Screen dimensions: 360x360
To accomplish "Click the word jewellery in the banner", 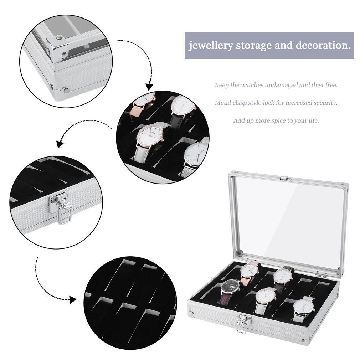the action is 210,46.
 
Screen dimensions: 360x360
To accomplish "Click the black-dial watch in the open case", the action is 230,290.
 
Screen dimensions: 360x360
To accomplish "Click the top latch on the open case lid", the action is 284,178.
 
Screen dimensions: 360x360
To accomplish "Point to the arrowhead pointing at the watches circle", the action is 149,87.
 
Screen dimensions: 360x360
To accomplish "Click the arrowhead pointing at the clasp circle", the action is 61,143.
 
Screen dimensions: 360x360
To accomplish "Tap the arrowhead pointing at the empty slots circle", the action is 73,300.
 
